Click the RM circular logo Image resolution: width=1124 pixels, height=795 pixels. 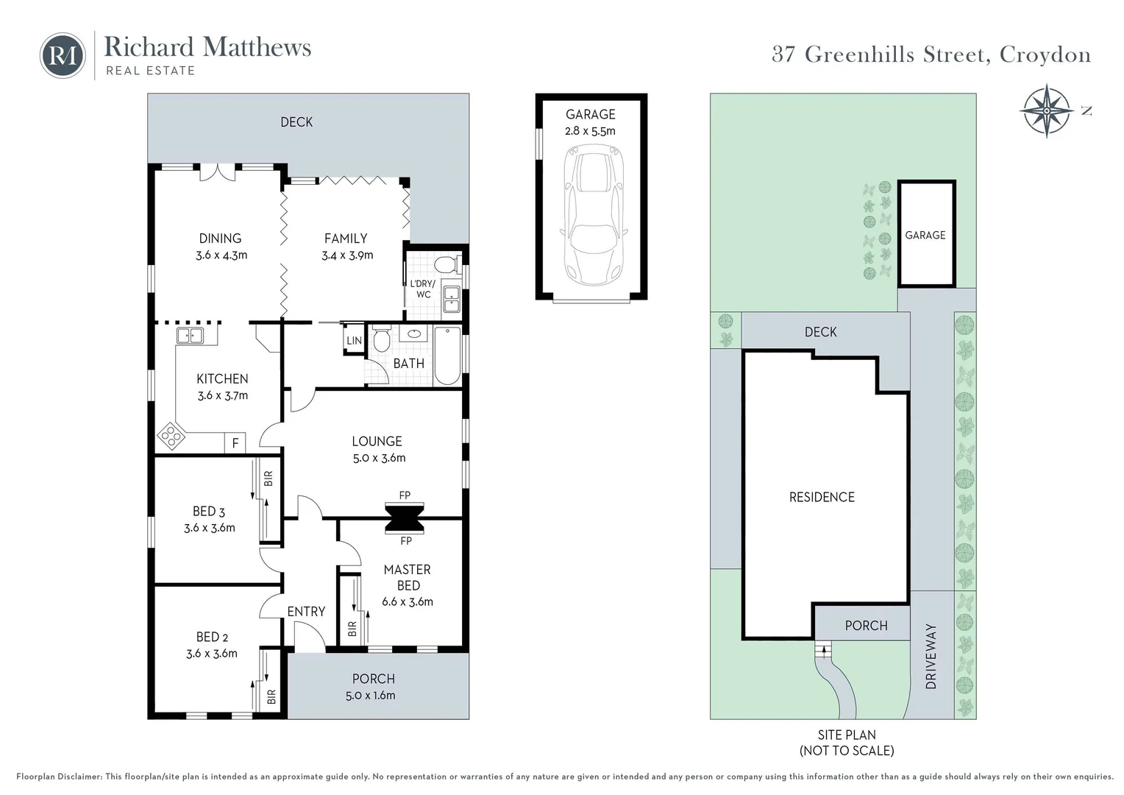(x=63, y=55)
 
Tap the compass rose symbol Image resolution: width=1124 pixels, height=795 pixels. (x=1046, y=110)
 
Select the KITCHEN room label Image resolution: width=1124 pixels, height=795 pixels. (x=222, y=379)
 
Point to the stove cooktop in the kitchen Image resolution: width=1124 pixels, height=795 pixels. (x=171, y=437)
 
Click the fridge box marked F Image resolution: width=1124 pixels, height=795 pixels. (x=235, y=443)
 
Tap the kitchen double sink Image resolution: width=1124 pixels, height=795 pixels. (x=190, y=336)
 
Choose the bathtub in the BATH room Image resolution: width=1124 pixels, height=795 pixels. (x=447, y=356)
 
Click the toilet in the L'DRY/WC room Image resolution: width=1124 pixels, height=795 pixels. (x=446, y=264)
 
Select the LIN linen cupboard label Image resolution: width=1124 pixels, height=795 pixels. (x=354, y=341)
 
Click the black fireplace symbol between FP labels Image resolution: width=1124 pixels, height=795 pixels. (x=405, y=517)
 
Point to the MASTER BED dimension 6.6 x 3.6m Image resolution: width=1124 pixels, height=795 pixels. (x=408, y=602)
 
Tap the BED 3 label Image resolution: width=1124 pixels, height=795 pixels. (x=209, y=512)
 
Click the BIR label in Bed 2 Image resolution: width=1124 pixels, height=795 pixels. (x=271, y=696)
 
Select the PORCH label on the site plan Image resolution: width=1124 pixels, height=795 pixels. (x=866, y=626)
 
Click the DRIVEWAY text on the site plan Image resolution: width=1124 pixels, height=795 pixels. (x=931, y=657)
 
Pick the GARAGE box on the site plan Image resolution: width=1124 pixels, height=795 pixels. (x=925, y=234)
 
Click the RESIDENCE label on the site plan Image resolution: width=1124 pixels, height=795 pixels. (x=822, y=498)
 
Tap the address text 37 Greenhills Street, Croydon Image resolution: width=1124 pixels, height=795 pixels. (x=931, y=54)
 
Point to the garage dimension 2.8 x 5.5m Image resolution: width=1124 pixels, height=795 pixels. (x=590, y=131)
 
